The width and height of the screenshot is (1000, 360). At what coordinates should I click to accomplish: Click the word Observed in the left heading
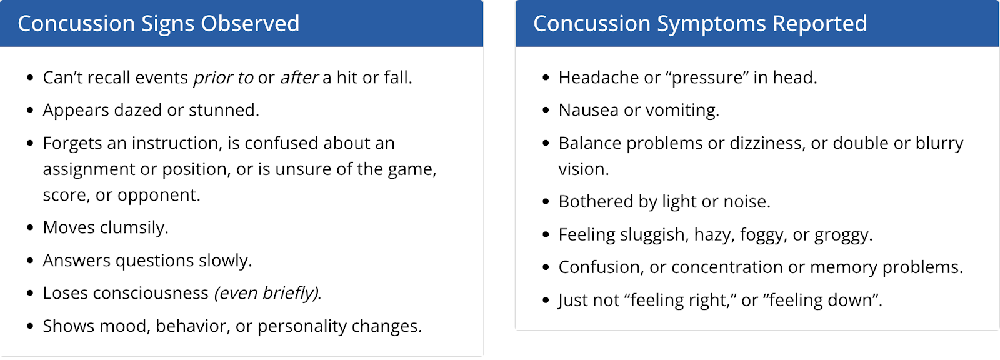click(x=250, y=24)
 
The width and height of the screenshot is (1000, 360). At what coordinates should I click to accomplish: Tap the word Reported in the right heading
click(x=819, y=24)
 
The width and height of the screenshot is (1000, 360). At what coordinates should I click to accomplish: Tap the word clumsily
click(x=134, y=227)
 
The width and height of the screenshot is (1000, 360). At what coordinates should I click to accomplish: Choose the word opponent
click(x=159, y=196)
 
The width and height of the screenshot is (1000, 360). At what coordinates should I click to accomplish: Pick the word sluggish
click(x=652, y=235)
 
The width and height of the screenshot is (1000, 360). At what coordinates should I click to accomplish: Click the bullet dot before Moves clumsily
click(x=30, y=227)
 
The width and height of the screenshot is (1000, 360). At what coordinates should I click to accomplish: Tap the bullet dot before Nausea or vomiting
click(x=546, y=111)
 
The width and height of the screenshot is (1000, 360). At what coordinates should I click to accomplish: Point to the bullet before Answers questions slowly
click(x=30, y=261)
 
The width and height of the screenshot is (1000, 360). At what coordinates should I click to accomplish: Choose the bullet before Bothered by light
click(x=546, y=202)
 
